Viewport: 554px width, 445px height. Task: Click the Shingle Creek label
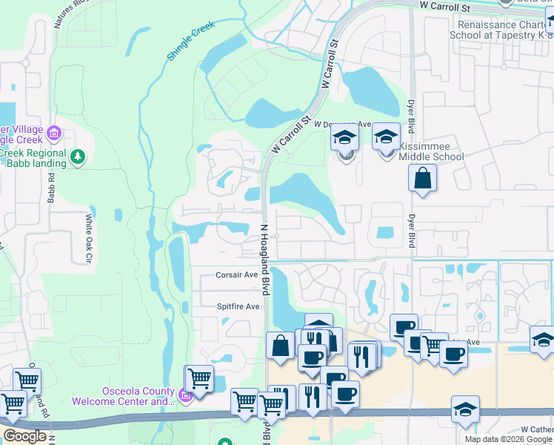pyautogui.click(x=191, y=41)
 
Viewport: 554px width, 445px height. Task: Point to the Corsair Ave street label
pyautogui.click(x=236, y=274)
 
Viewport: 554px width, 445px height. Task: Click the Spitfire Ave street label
pyautogui.click(x=238, y=306)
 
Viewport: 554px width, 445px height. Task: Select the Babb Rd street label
pyautogui.click(x=52, y=188)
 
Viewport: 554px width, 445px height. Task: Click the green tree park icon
pyautogui.click(x=78, y=156)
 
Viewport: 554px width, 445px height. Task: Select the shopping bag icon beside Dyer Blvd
pyautogui.click(x=421, y=179)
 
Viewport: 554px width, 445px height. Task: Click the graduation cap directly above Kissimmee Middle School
pyautogui.click(x=386, y=136)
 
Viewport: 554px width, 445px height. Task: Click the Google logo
pyautogui.click(x=24, y=436)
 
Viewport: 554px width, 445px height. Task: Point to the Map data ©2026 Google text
pyautogui.click(x=508, y=439)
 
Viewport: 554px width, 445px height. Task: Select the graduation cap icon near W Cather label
pyautogui.click(x=465, y=409)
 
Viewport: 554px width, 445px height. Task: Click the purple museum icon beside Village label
pyautogui.click(x=53, y=134)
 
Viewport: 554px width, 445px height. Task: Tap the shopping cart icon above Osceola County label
pyautogui.click(x=198, y=378)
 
